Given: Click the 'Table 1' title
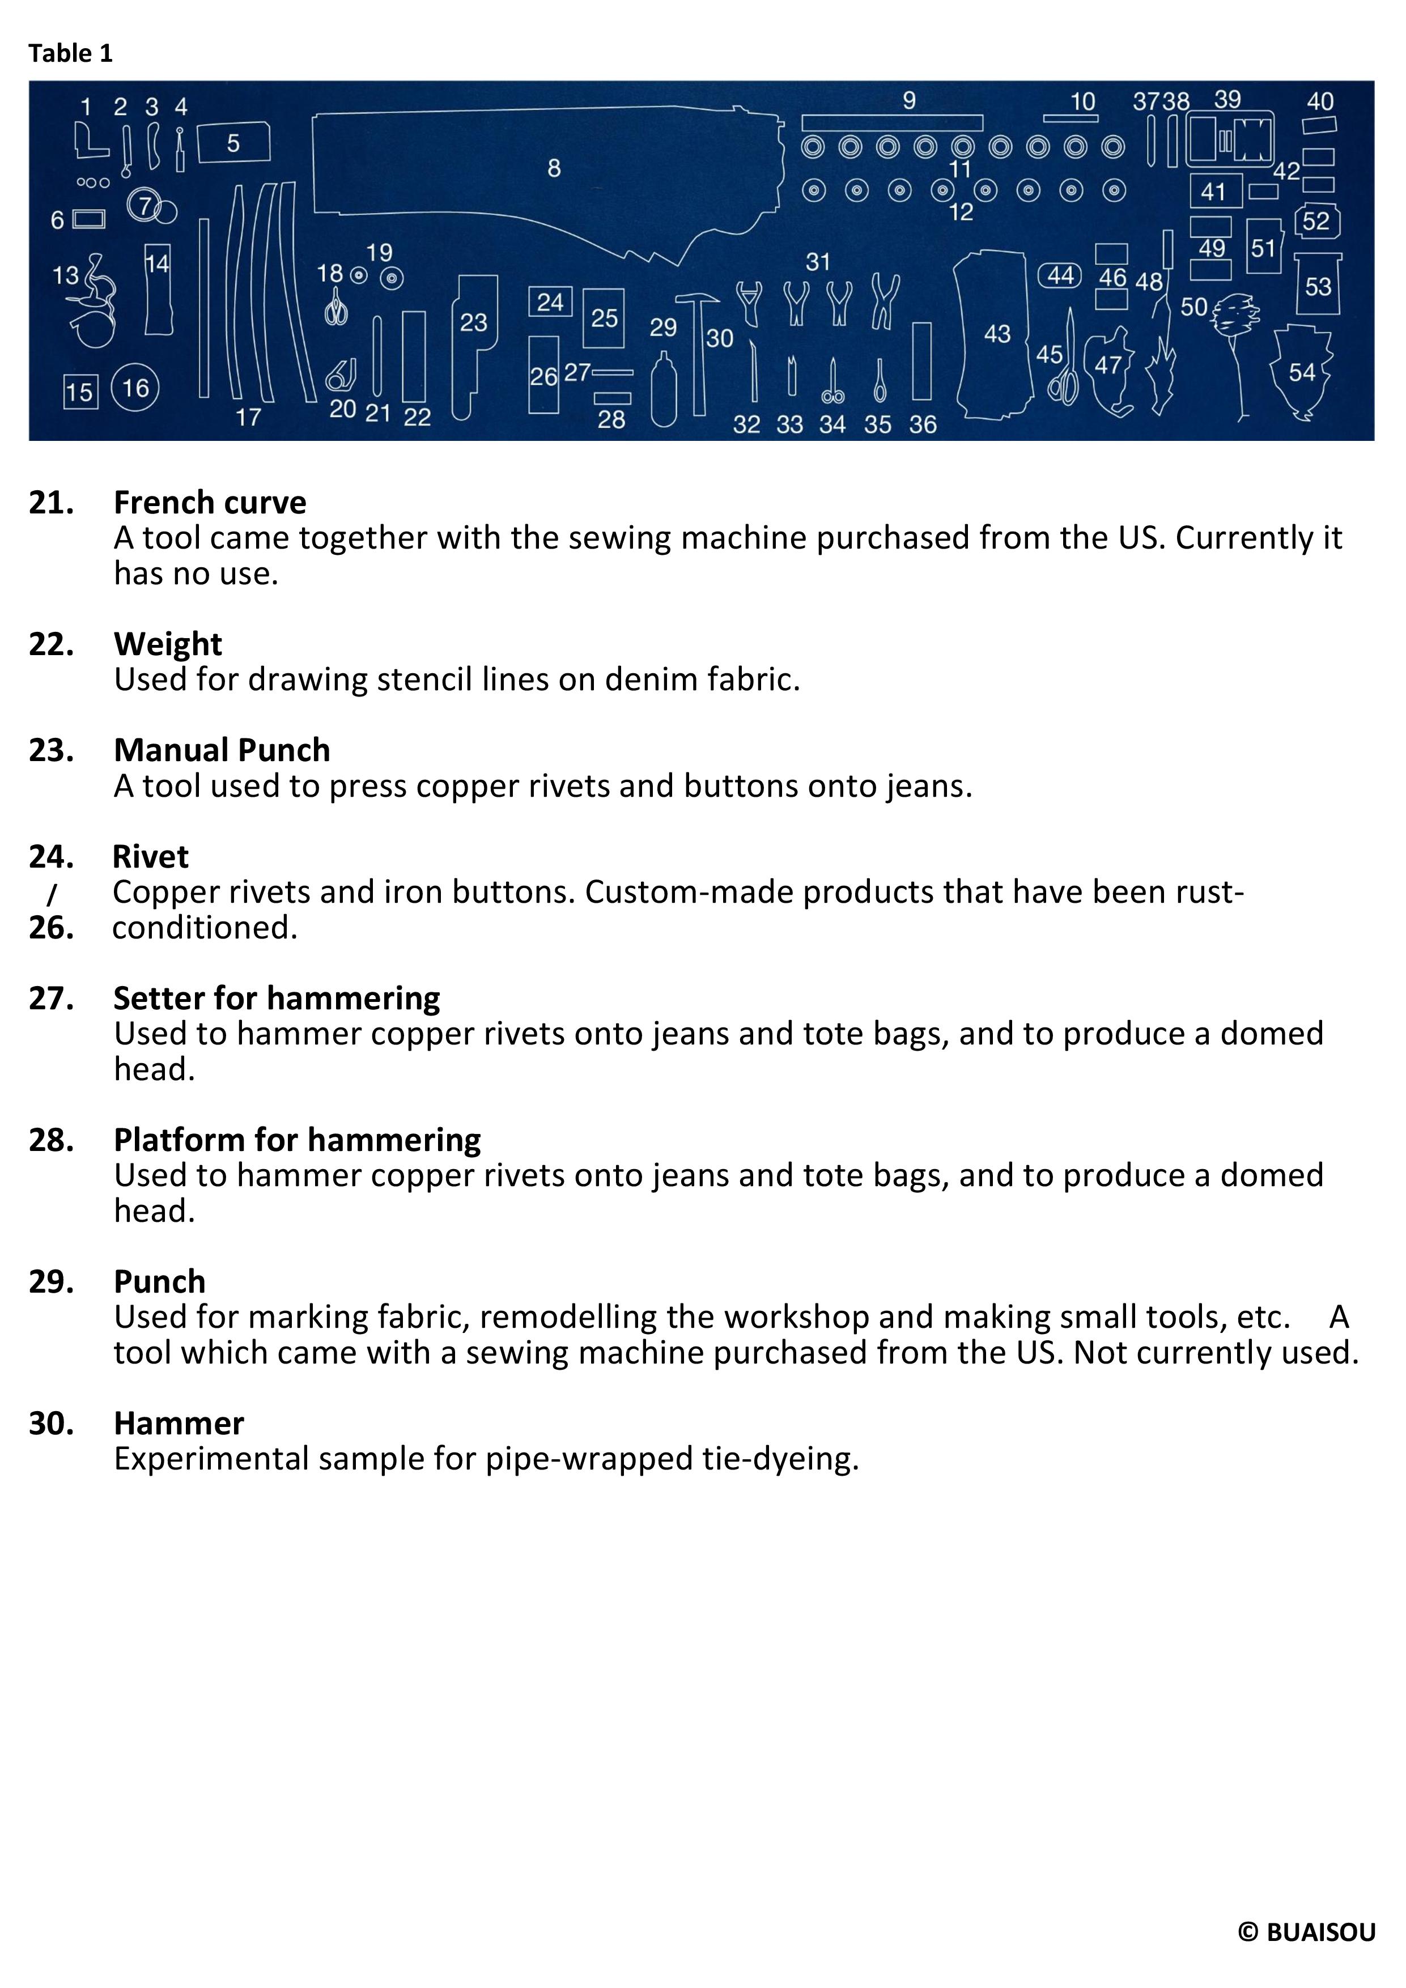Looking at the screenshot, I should coord(70,54).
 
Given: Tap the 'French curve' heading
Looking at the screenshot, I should coord(210,502).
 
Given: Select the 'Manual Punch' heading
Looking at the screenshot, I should coord(222,750).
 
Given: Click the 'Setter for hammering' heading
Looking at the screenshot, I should coord(276,999).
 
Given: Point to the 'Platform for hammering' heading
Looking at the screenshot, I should coord(297,1140).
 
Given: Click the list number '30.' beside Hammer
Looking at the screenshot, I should coord(51,1424).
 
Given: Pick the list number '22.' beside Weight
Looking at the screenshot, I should coord(51,644).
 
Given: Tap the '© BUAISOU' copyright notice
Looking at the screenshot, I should coord(1306,1932).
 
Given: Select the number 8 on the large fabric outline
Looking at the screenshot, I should coord(554,168).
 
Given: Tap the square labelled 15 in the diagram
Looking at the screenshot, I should coord(80,392).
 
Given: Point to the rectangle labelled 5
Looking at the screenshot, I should coord(233,143).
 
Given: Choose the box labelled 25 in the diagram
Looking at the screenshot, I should coord(604,318).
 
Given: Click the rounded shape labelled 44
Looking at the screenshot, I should coord(1060,275).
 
